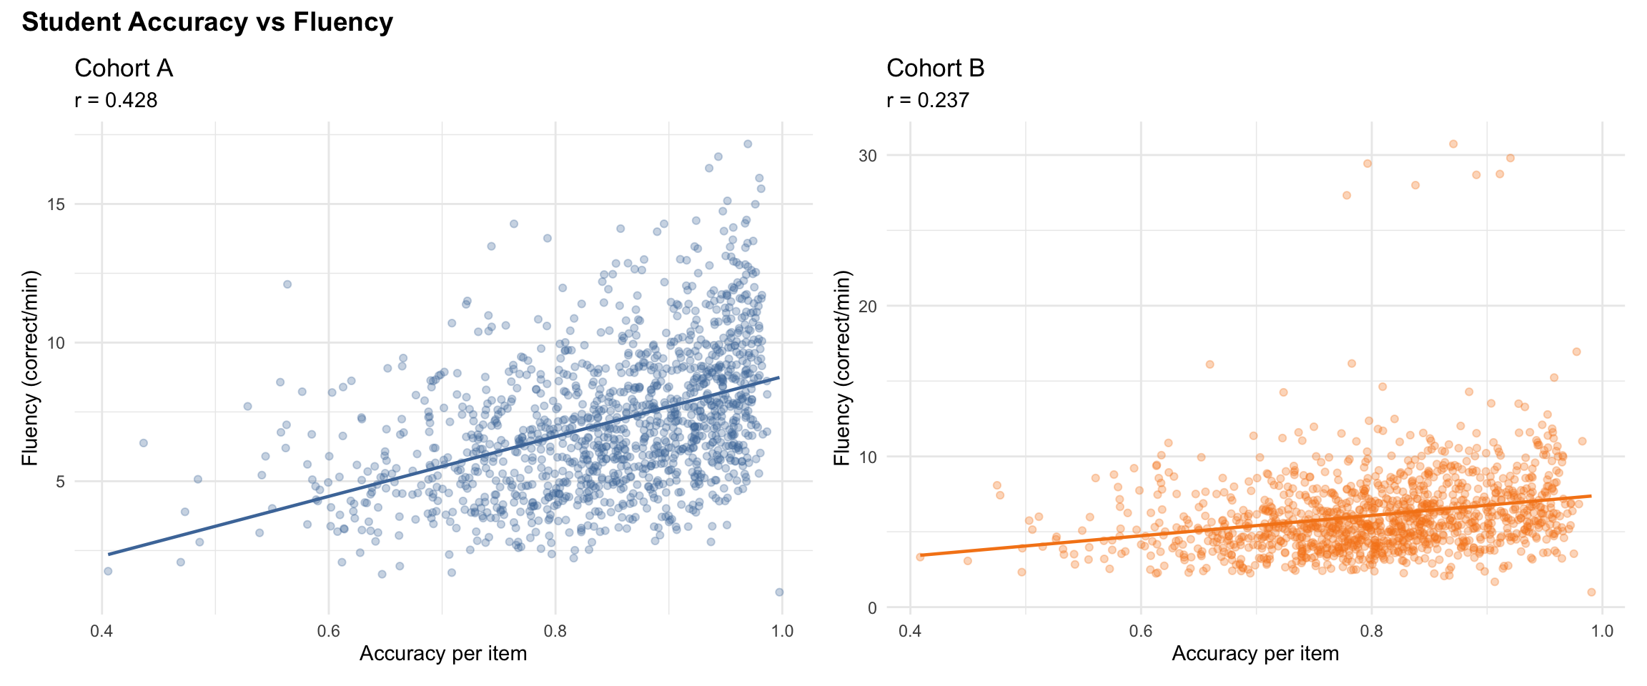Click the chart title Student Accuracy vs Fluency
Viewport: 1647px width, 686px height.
point(207,22)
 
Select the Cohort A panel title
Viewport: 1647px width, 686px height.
point(124,69)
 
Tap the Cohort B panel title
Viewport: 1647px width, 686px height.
point(935,69)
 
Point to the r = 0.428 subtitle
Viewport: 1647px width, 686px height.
point(116,100)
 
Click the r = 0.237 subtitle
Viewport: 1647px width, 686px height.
point(928,100)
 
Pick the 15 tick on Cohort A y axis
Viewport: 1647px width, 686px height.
point(56,204)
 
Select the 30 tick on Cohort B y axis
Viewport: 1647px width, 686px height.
point(867,155)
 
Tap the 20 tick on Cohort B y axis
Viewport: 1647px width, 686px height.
point(867,306)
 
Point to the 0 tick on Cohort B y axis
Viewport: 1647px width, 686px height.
point(871,608)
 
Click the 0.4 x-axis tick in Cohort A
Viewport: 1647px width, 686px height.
point(102,631)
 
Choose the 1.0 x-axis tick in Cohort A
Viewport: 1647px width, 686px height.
point(783,631)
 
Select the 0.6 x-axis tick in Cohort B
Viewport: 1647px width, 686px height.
point(1141,631)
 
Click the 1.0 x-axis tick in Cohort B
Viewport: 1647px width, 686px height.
point(1602,631)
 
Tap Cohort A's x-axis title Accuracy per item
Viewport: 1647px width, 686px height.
point(443,654)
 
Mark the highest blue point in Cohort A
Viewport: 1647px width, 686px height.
point(748,144)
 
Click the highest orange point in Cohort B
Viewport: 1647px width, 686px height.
point(1453,144)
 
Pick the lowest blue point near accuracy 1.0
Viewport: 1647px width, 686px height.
point(779,592)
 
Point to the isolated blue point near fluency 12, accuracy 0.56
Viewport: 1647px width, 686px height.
point(287,284)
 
